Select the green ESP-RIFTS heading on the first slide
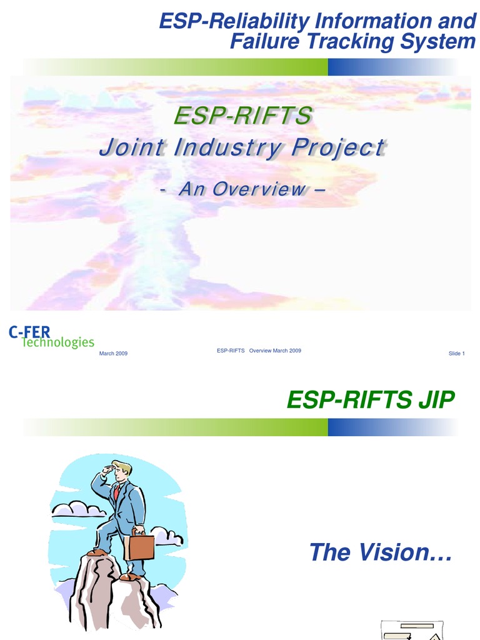tap(242, 116)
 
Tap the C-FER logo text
tap(29, 332)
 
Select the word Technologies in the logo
tap(58, 342)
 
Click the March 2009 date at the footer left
tap(114, 354)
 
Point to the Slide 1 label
tap(456, 354)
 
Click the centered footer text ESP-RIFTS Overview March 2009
tap(259, 351)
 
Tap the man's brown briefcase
tap(139, 546)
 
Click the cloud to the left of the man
tap(77, 509)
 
